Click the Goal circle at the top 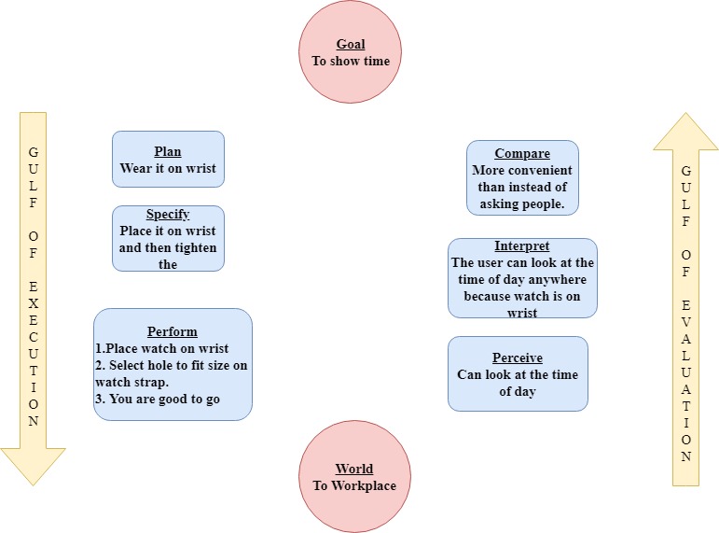click(x=350, y=52)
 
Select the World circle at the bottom click(x=354, y=477)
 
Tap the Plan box click(x=168, y=160)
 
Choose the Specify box click(x=168, y=239)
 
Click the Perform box click(x=173, y=365)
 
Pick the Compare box click(x=522, y=178)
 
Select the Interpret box click(x=522, y=278)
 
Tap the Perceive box click(x=518, y=374)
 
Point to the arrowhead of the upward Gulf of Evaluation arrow click(x=685, y=133)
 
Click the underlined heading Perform click(x=173, y=331)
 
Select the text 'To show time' click(x=350, y=61)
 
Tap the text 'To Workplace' click(x=354, y=485)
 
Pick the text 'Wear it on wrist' click(x=168, y=169)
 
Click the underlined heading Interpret click(x=522, y=246)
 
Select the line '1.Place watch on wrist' click(x=162, y=348)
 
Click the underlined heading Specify click(x=168, y=215)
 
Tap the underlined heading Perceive click(x=518, y=358)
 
